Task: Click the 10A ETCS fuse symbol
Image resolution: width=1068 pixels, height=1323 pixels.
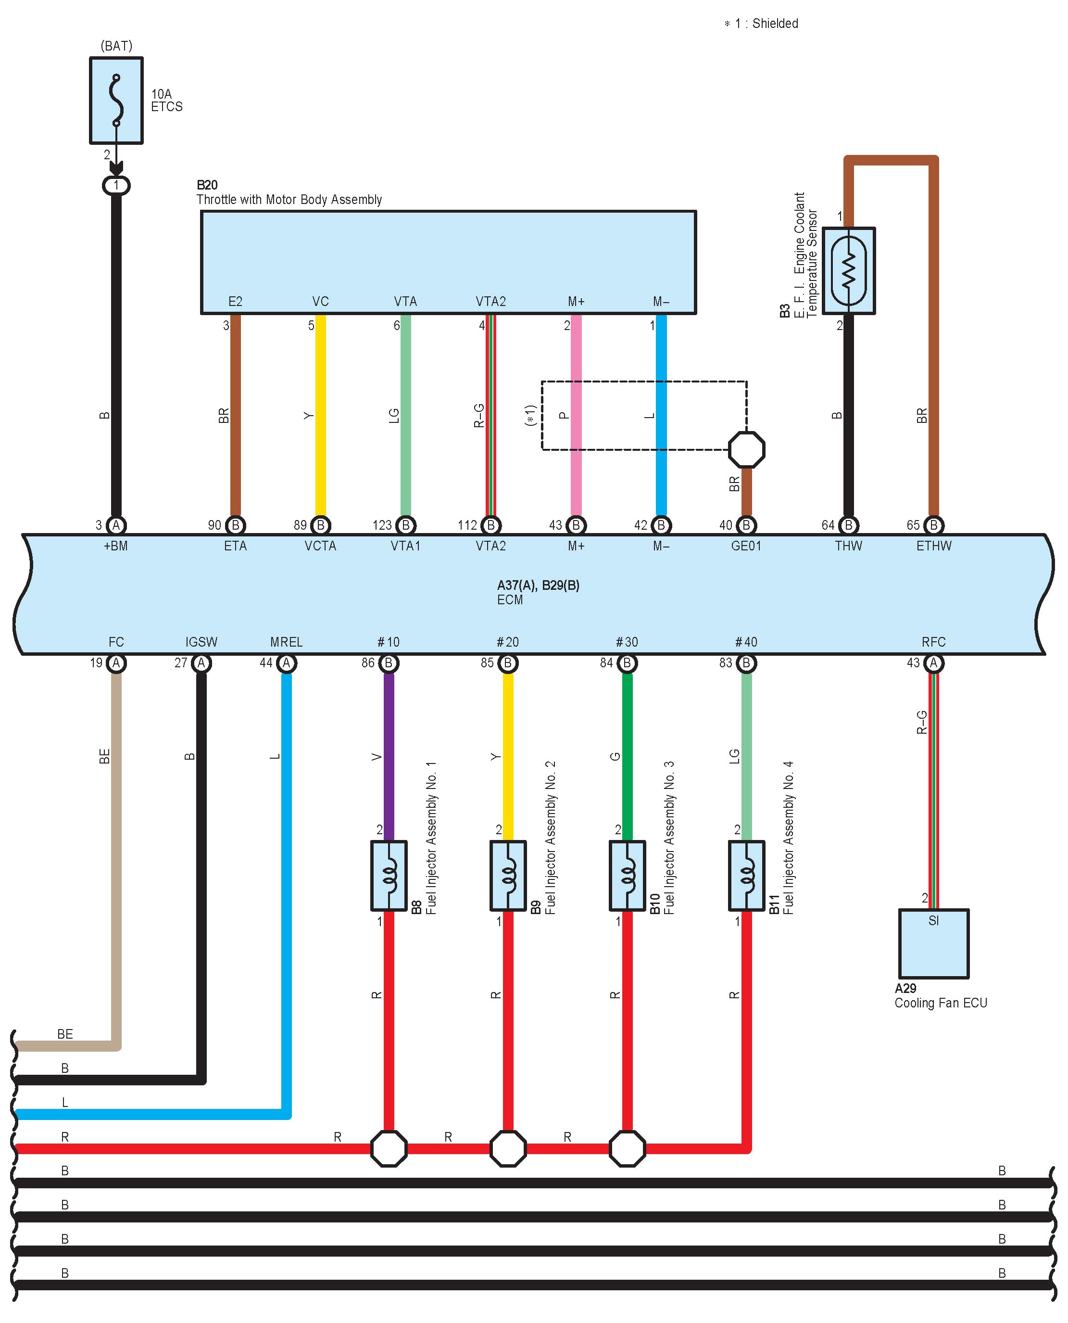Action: [x=116, y=100]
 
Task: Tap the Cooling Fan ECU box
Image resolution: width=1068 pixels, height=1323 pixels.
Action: [x=933, y=943]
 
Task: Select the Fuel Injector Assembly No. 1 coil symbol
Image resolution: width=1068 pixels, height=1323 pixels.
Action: [x=389, y=875]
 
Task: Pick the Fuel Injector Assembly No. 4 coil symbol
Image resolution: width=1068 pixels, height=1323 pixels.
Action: [x=746, y=875]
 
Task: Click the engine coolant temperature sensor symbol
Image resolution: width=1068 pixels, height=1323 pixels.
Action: [x=848, y=271]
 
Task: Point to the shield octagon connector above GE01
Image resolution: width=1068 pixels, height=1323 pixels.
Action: [x=746, y=450]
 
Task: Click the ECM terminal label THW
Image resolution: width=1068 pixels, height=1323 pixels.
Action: [x=848, y=546]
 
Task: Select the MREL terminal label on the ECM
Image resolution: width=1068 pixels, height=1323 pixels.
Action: [x=286, y=642]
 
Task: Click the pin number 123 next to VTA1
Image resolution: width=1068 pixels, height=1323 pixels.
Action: [x=381, y=525]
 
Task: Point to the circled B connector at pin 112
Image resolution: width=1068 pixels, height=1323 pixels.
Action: [x=490, y=525]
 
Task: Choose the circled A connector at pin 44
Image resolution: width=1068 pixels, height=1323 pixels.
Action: [x=286, y=663]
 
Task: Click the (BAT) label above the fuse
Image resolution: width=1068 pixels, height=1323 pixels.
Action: [x=116, y=46]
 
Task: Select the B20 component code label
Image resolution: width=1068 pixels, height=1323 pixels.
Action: [x=207, y=185]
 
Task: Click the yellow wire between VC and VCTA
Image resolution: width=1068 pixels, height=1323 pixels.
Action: [x=321, y=415]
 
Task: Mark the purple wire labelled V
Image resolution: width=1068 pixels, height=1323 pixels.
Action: [x=389, y=757]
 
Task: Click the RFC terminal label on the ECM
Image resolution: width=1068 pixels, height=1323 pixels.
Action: [x=933, y=642]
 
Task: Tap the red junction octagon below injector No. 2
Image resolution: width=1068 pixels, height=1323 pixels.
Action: [x=508, y=1148]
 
